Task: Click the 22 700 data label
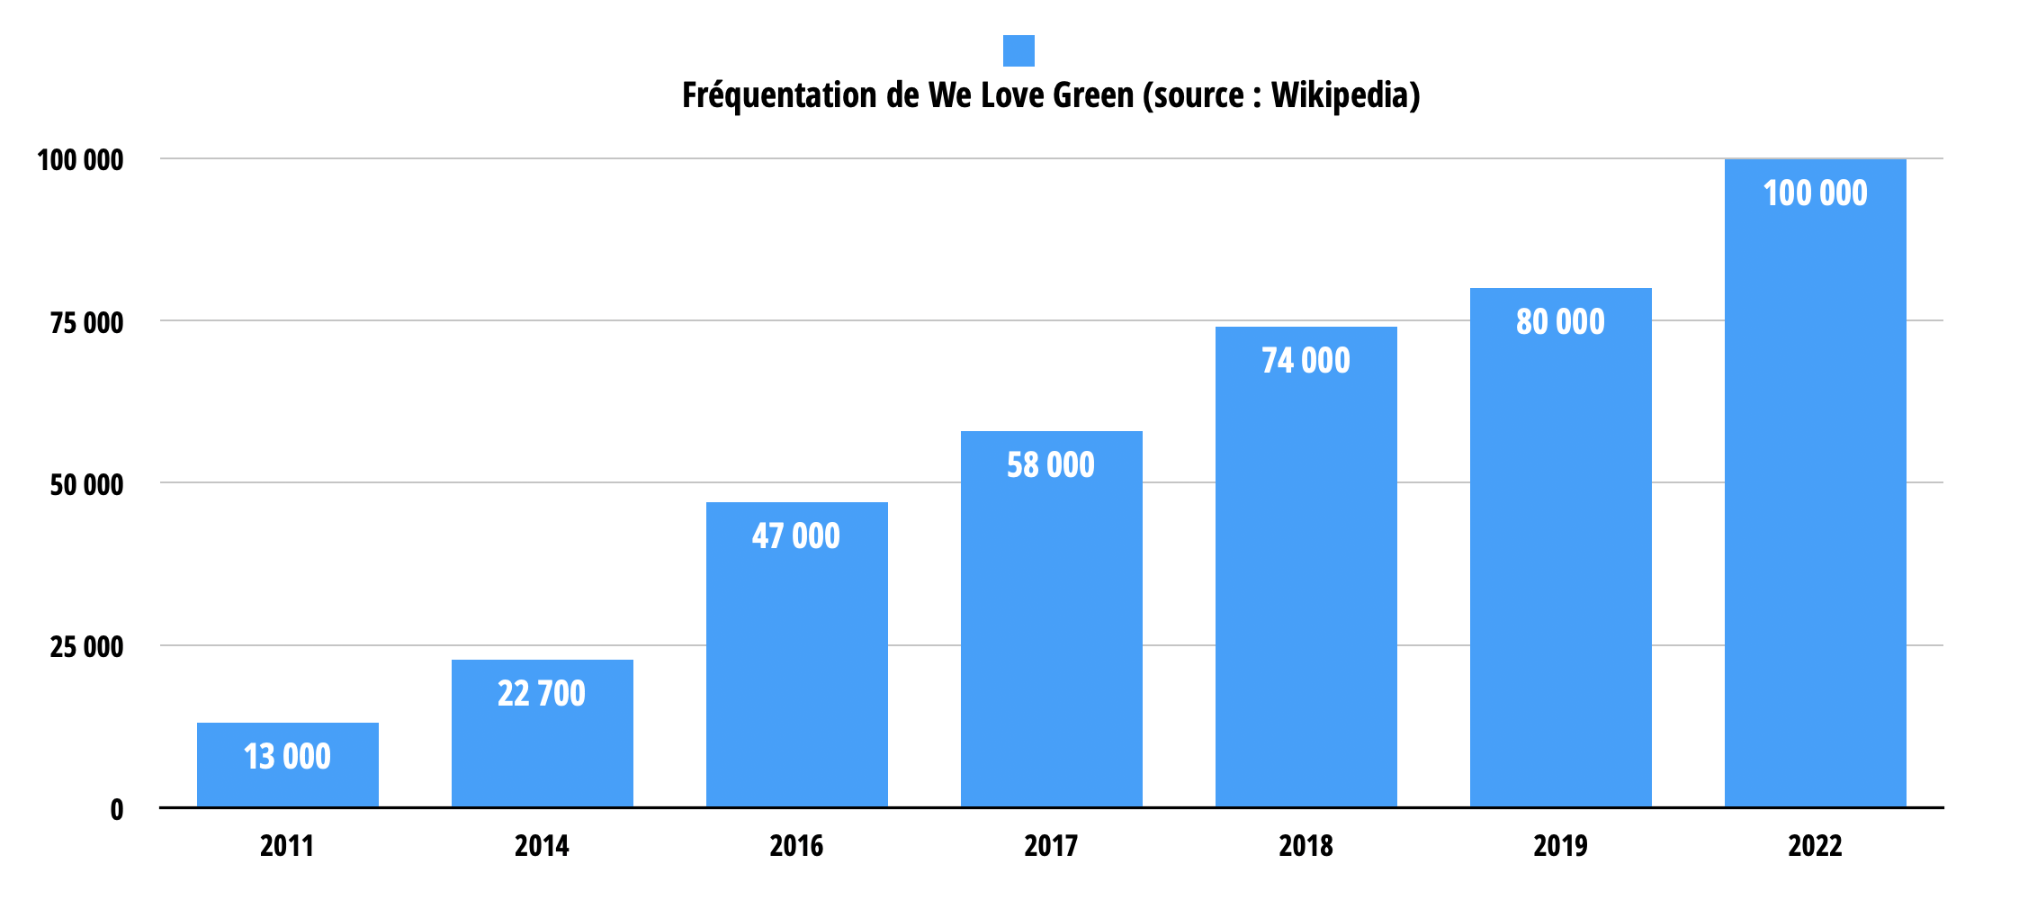[x=541, y=694]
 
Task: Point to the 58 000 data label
[x=1050, y=465]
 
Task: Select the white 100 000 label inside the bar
[x=1815, y=193]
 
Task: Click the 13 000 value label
[x=287, y=757]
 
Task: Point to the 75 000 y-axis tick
[x=86, y=323]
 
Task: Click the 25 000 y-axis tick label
[x=86, y=647]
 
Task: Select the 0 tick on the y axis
[x=117, y=810]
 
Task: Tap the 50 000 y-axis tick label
[x=86, y=485]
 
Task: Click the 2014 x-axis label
[x=541, y=846]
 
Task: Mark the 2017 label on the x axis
[x=1050, y=846]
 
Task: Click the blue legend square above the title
[x=1018, y=50]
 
